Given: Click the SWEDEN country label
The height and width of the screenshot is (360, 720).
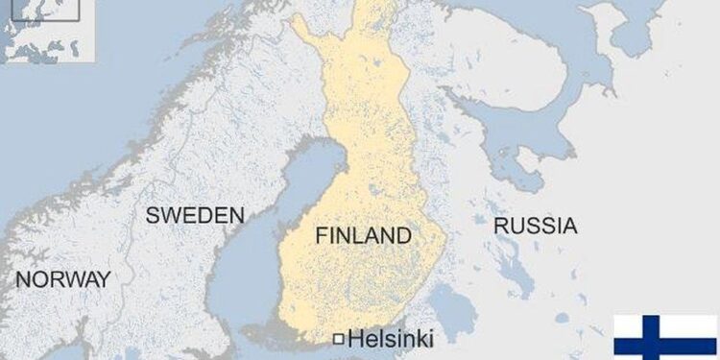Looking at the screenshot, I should point(195,215).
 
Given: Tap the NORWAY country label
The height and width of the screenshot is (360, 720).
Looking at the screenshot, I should point(63,279).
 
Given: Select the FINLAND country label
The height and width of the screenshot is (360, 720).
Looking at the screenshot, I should point(363,235).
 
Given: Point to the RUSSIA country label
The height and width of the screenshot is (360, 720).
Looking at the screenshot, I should point(535,227).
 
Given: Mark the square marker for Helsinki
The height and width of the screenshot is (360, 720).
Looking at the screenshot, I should point(338,338).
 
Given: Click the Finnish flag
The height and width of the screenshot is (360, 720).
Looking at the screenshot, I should point(665,337).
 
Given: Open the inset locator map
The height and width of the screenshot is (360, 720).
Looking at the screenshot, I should point(47,31).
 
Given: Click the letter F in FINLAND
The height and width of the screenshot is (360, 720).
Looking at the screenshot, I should point(322,235).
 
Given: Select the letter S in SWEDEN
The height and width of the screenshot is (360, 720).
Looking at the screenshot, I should point(153,215).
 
